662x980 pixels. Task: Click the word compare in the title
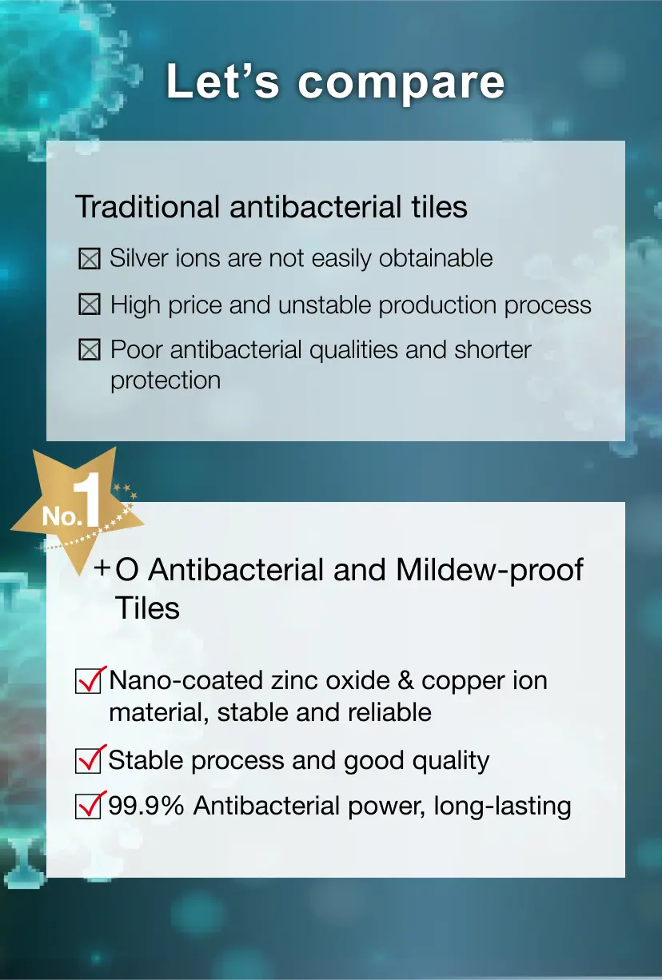[401, 83]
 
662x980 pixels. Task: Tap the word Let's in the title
[223, 80]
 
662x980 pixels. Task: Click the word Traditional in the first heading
[147, 206]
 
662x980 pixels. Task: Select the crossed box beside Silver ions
[90, 258]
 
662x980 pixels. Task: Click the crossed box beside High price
[90, 305]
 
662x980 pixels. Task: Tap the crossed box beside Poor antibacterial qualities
[90, 350]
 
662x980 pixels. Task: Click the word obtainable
[436, 257]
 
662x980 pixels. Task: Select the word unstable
[325, 305]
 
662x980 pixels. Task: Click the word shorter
[493, 350]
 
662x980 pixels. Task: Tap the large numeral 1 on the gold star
[87, 500]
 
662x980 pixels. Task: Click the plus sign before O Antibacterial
[102, 568]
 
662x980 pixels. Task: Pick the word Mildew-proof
[489, 571]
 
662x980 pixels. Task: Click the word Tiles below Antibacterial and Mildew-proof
[147, 608]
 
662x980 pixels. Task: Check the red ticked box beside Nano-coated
[90, 680]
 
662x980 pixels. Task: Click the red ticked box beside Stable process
[90, 759]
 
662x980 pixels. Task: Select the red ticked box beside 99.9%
[90, 805]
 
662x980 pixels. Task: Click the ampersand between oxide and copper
[405, 681]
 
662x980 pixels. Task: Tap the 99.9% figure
[146, 806]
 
